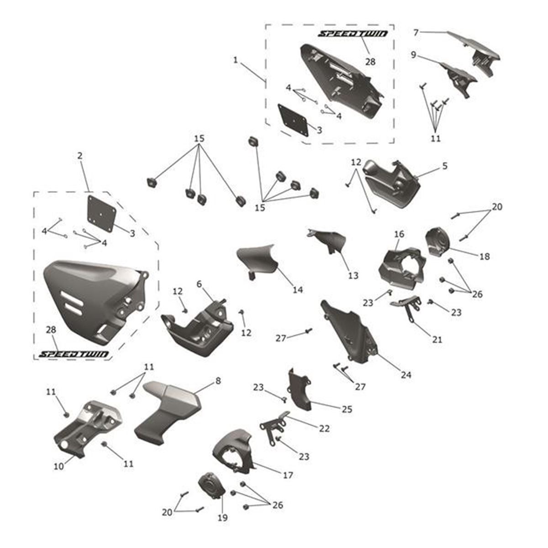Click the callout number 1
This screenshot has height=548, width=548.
(235, 60)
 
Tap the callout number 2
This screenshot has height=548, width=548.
(80, 156)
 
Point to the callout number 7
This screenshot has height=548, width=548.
(416, 32)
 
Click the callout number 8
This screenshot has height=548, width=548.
(218, 380)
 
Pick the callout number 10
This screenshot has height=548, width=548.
(59, 467)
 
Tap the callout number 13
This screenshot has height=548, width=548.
(353, 276)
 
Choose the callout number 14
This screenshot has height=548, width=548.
(298, 290)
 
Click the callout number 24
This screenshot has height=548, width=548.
(406, 375)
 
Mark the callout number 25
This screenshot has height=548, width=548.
(347, 410)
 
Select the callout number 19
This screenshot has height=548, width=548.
(223, 518)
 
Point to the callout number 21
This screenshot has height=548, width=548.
(437, 340)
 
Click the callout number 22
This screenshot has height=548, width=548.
(324, 428)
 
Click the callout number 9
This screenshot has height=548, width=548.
(413, 55)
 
